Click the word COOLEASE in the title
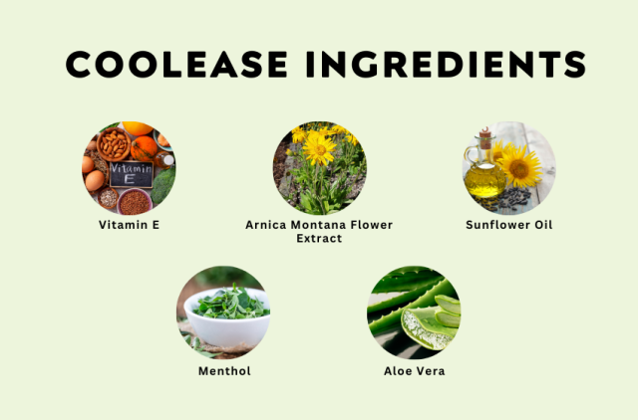(176, 64)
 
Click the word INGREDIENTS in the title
(447, 64)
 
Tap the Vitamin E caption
(129, 225)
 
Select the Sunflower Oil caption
(509, 225)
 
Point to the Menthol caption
(224, 371)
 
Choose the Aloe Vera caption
(415, 371)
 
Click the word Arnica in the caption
(266, 225)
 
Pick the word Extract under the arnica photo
(319, 238)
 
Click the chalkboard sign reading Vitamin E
(131, 174)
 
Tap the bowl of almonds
(114, 143)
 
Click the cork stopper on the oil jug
(485, 137)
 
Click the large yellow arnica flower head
(320, 149)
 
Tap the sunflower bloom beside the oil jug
(520, 166)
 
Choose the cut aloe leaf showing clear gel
(428, 328)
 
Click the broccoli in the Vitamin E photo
(163, 185)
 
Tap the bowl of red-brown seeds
(135, 202)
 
